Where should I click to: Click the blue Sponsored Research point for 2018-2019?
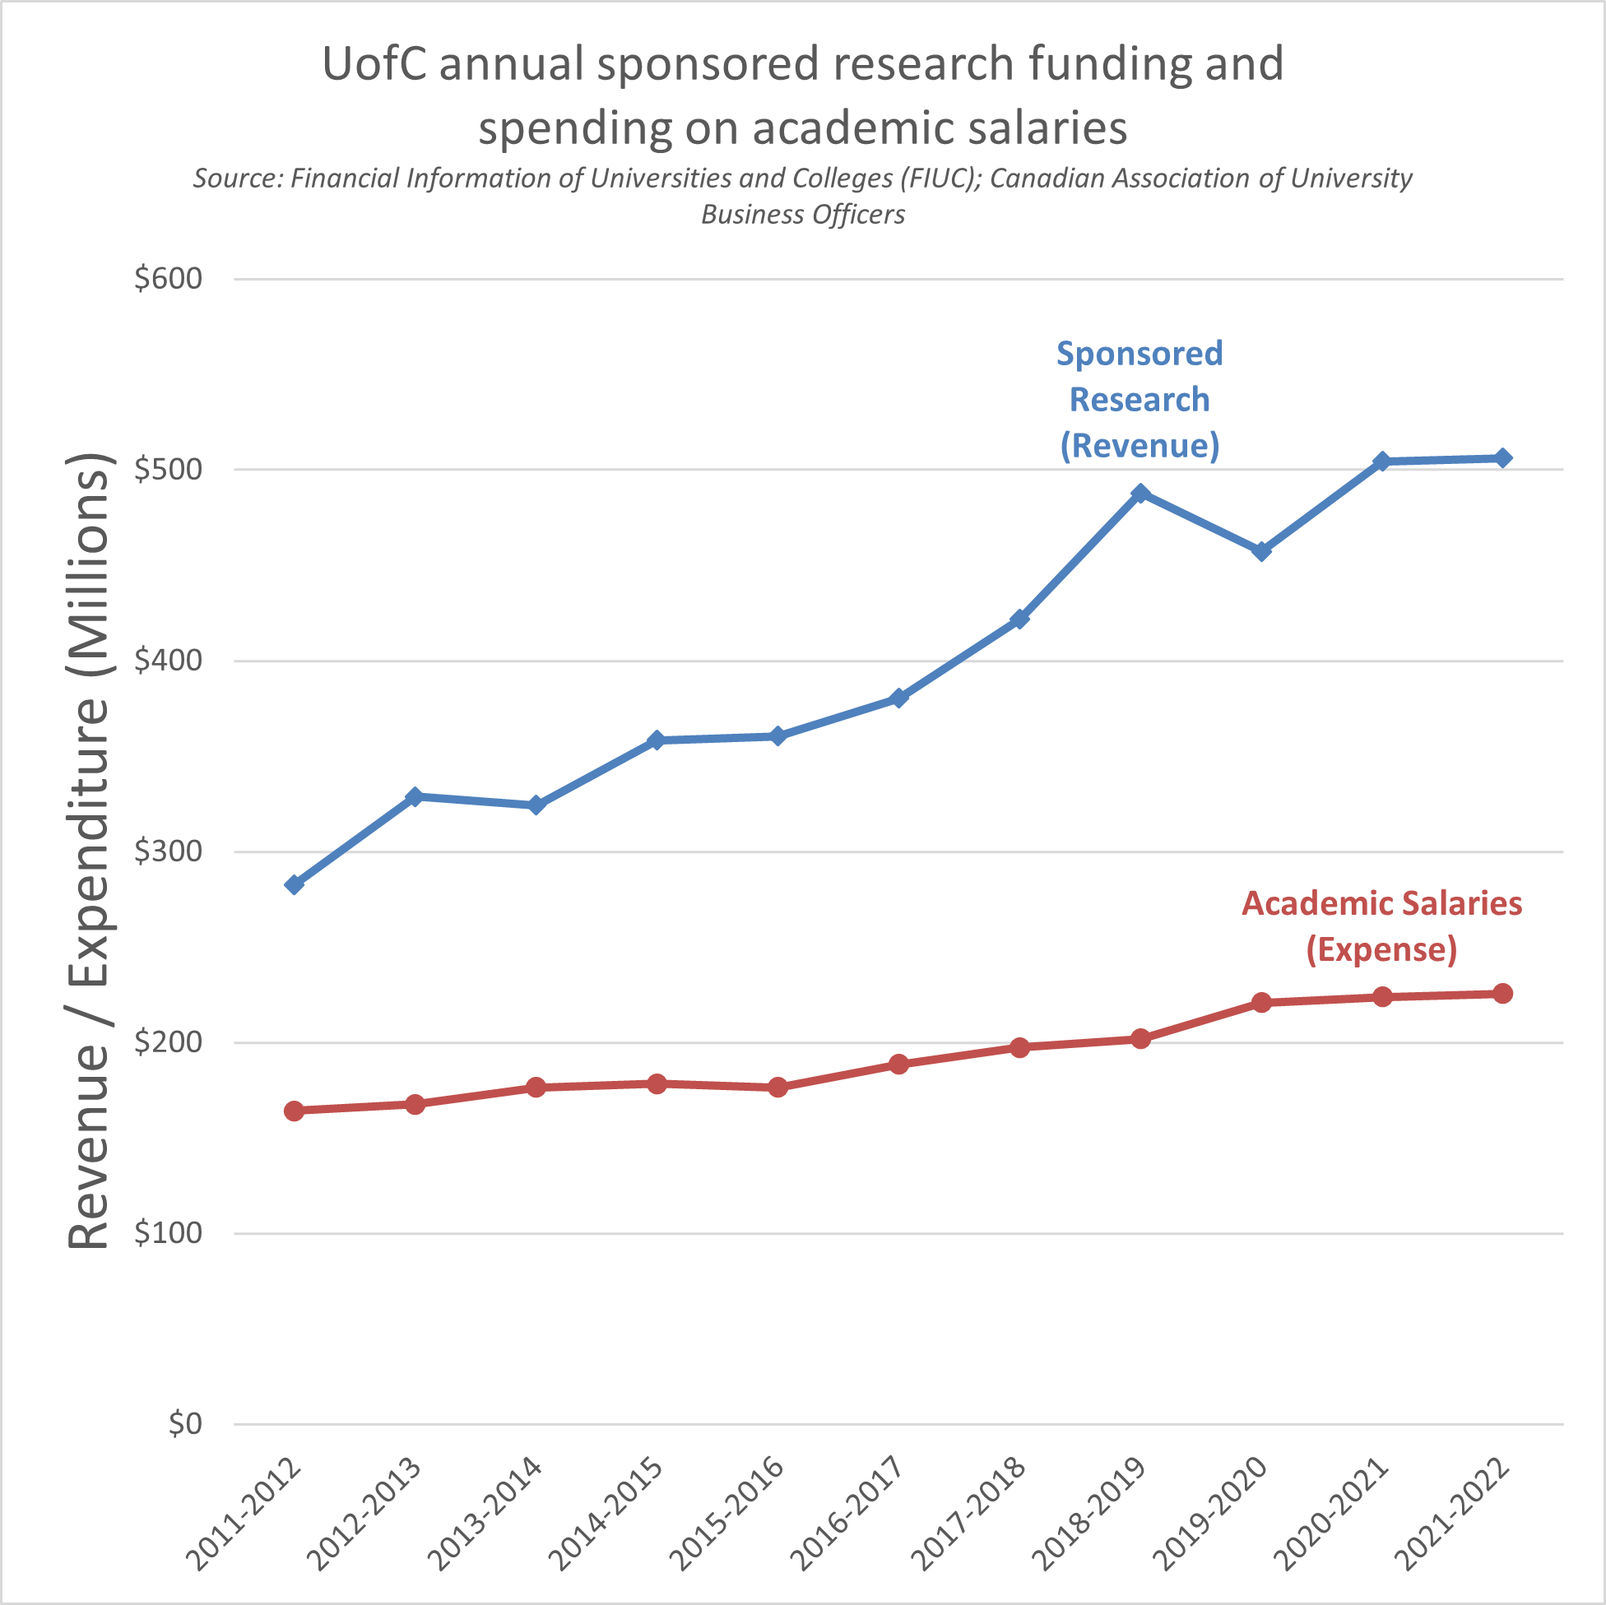tap(1140, 494)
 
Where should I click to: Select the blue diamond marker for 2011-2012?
tap(295, 884)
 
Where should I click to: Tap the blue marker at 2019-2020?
tap(1261, 551)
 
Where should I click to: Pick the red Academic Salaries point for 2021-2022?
tap(1503, 993)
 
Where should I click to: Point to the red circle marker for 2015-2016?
tap(778, 1088)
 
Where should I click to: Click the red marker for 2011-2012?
tap(295, 1111)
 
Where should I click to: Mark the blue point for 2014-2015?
tap(657, 740)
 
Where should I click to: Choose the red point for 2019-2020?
tap(1261, 1002)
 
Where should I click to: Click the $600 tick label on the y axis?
tap(169, 278)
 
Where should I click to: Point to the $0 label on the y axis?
tap(184, 1424)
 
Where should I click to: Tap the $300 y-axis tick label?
tap(169, 851)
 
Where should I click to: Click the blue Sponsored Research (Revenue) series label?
tap(1140, 400)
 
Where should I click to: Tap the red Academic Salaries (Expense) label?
tap(1381, 926)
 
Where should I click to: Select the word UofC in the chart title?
tap(374, 64)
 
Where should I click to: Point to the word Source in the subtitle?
tap(236, 179)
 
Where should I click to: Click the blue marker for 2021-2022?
tap(1503, 458)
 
